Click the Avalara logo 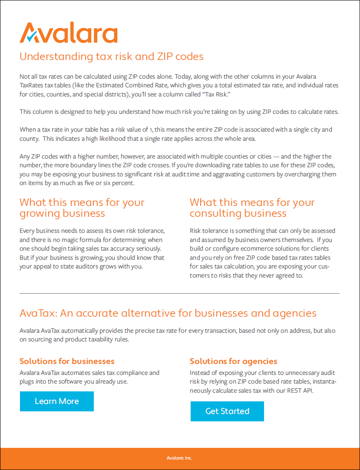pyautogui.click(x=68, y=33)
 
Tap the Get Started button pyautogui.click(x=227, y=411)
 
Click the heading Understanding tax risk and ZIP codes pyautogui.click(x=112, y=56)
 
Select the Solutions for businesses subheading pyautogui.click(x=67, y=361)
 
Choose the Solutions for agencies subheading pyautogui.click(x=233, y=361)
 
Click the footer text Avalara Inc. pyautogui.click(x=179, y=458)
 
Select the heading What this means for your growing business pyautogui.click(x=82, y=208)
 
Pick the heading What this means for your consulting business pyautogui.click(x=252, y=208)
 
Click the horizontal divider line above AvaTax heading pyautogui.click(x=179, y=294)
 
